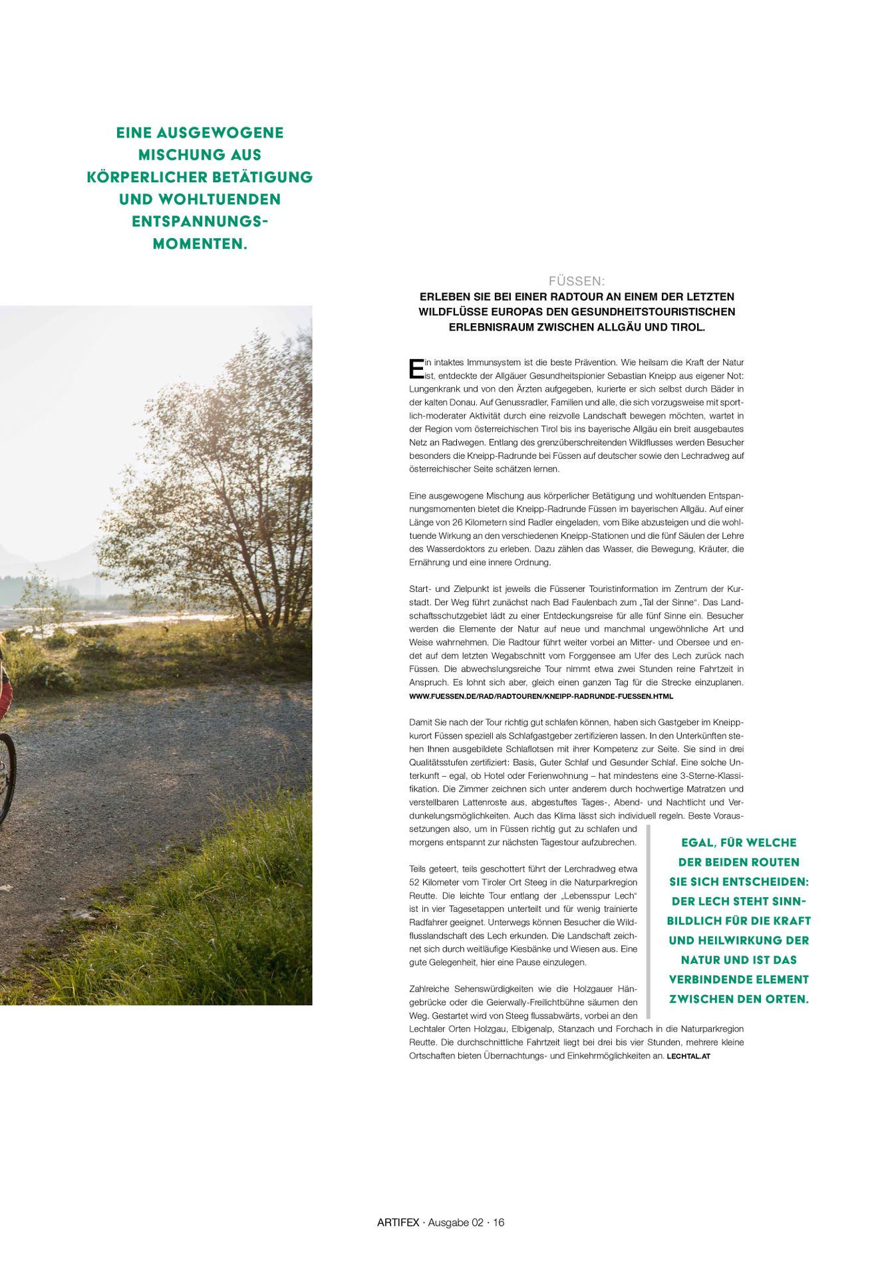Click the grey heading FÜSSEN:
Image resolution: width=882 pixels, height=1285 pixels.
click(x=576, y=281)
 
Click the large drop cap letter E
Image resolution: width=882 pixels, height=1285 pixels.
click(x=416, y=368)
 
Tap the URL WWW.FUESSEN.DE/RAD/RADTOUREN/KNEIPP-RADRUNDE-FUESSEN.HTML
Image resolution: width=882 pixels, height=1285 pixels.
click(x=541, y=696)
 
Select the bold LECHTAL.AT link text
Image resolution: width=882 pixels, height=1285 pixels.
click(x=688, y=1056)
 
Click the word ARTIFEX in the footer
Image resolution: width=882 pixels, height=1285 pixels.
click(x=398, y=1222)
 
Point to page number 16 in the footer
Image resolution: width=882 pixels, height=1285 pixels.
click(x=498, y=1222)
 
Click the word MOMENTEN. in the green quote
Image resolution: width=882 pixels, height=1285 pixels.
click(x=200, y=244)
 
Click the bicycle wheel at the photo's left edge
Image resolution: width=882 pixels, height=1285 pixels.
click(x=6, y=779)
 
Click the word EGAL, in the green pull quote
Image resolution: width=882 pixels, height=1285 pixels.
click(x=698, y=843)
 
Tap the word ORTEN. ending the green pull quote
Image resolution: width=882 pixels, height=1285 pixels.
click(x=788, y=999)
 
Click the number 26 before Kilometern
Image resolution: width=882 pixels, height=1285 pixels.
click(x=458, y=523)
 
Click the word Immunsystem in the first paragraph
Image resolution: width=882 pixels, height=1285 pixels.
click(x=489, y=362)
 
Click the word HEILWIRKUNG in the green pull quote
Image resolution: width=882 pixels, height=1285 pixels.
click(x=738, y=940)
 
